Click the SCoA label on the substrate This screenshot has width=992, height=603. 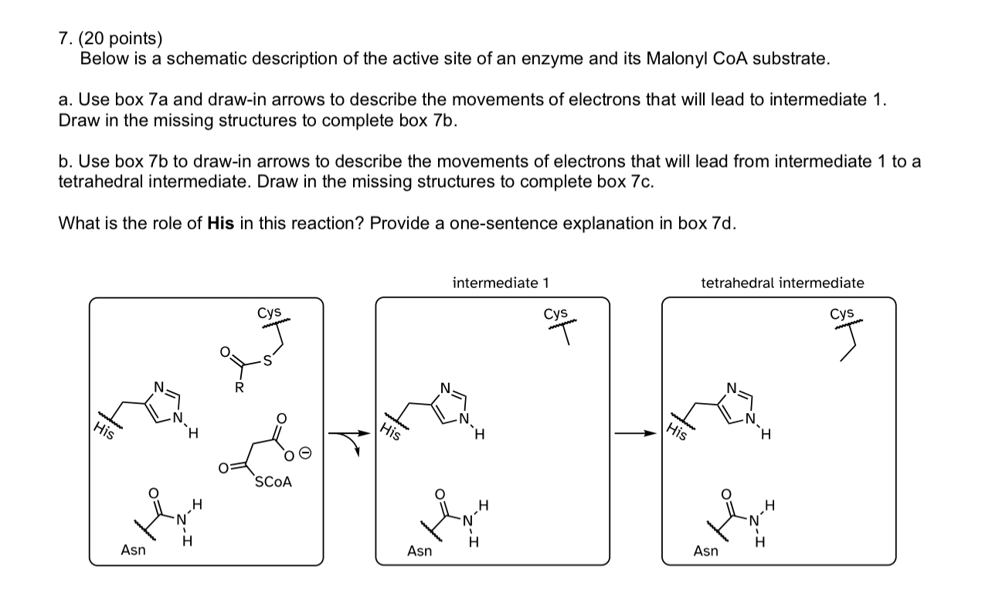click(273, 482)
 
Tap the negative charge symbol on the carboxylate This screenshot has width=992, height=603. click(305, 454)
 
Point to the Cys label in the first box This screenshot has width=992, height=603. click(269, 312)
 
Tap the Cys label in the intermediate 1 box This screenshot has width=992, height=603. click(555, 313)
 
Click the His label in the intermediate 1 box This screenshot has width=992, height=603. click(391, 431)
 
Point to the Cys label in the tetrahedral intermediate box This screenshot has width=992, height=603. click(842, 313)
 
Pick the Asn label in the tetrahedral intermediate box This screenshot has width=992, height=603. click(705, 550)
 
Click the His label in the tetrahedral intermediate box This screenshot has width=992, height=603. click(677, 431)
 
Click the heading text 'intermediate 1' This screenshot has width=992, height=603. click(501, 283)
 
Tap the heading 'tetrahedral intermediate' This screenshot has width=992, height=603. click(783, 283)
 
